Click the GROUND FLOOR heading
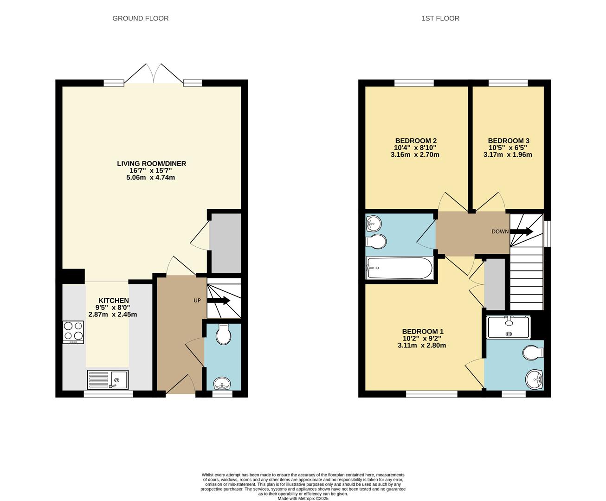point(140,19)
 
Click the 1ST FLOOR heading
point(440,19)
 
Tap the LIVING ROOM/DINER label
point(151,164)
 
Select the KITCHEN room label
point(113,301)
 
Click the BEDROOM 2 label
point(416,141)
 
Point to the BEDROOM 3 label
point(509,141)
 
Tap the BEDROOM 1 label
point(422,331)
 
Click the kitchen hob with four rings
point(73,332)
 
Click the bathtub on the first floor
point(399,268)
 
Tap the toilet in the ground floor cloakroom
point(223,334)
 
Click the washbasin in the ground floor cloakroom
point(222,384)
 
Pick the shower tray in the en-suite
point(509,327)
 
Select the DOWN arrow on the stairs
point(522,231)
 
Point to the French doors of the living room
point(154,74)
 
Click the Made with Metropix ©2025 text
point(303,499)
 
